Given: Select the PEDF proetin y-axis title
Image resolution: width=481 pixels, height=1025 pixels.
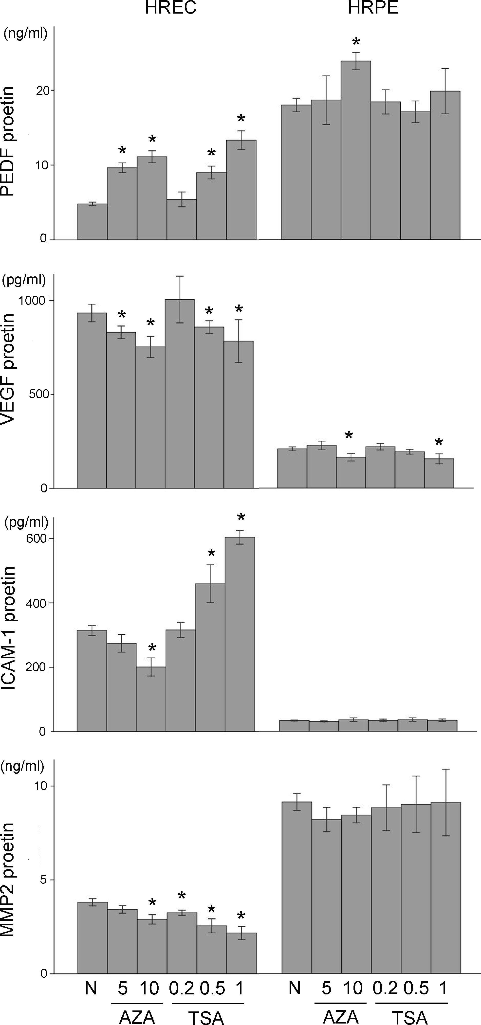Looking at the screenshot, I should (x=8, y=141).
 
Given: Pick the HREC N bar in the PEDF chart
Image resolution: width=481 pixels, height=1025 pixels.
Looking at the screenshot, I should (x=92, y=222).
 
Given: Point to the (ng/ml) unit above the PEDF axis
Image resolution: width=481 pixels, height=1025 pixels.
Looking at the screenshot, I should (x=25, y=34).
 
